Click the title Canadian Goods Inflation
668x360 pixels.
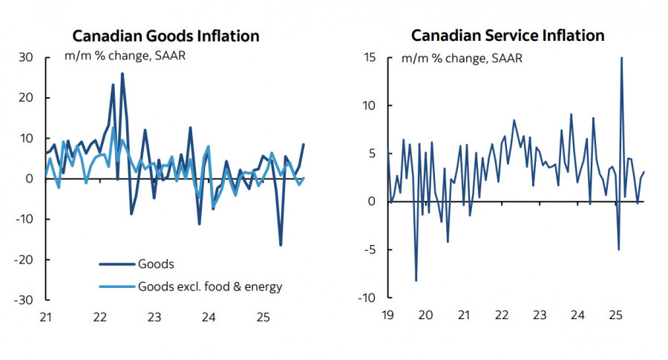165,36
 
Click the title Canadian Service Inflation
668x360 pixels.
508,36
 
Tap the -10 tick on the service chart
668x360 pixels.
367,298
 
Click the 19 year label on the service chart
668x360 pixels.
386,315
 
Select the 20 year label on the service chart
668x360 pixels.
425,315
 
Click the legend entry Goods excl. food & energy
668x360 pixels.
210,286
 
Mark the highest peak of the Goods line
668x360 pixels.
122,73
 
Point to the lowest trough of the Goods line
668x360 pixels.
281,245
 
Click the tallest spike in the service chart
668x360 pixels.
621,58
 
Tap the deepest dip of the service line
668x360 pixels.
416,281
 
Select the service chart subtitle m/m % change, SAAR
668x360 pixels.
462,58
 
